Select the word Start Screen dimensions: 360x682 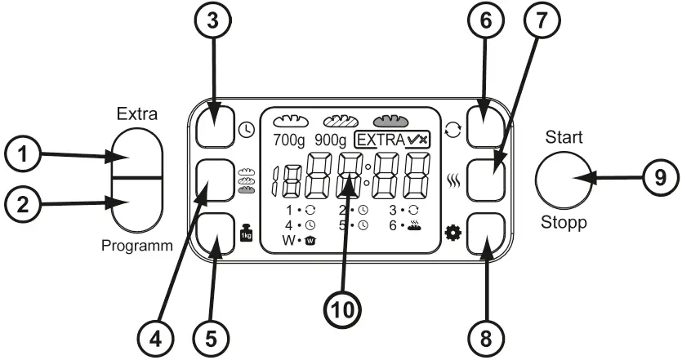click(x=566, y=138)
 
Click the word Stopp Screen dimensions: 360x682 click(x=566, y=222)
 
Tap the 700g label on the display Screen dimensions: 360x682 click(x=289, y=140)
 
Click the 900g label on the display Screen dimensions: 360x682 click(x=331, y=140)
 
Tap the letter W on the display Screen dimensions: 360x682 click(x=288, y=241)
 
